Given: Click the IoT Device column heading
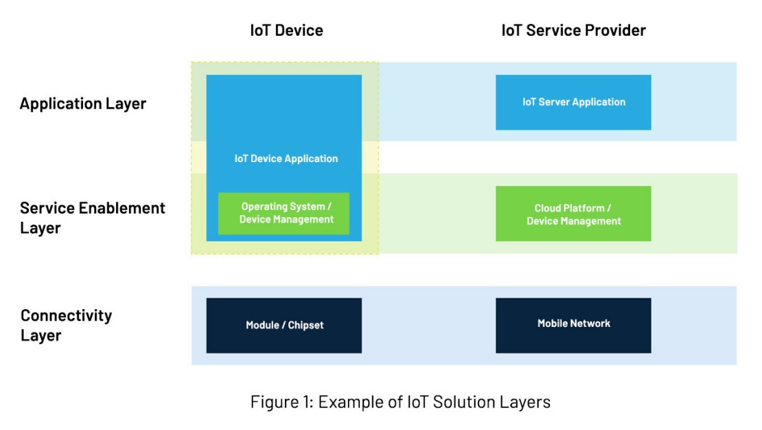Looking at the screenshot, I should (x=286, y=30).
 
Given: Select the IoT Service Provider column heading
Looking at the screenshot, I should (x=573, y=30).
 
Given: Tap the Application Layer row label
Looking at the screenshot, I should (x=83, y=104).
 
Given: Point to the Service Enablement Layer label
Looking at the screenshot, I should (x=93, y=218).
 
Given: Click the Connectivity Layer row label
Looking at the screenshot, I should (x=66, y=325).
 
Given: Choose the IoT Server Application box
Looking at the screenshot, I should (x=573, y=102).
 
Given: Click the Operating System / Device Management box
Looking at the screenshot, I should (x=284, y=213).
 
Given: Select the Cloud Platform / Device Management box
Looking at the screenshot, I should (x=573, y=214).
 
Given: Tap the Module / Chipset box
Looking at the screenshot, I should (x=284, y=325).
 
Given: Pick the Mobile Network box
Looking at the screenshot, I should (x=573, y=324).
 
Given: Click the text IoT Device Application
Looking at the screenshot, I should (x=286, y=159).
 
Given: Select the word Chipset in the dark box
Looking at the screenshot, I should (x=305, y=325).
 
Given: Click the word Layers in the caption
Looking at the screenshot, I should (x=527, y=401).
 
